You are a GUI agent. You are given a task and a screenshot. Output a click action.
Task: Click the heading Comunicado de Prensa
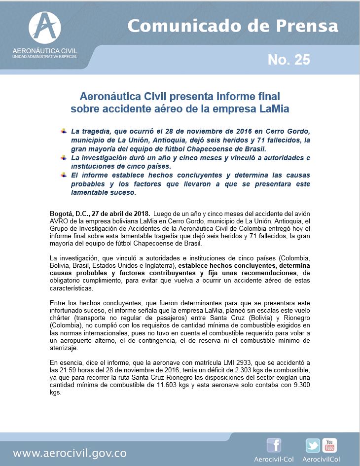coord(233,26)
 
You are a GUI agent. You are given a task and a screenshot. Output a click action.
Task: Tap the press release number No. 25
coord(288,60)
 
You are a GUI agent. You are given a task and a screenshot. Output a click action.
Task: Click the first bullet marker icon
coord(63,131)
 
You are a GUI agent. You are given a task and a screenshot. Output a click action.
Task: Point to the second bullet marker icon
coord(63,157)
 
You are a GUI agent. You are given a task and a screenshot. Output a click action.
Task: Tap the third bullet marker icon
coord(63,175)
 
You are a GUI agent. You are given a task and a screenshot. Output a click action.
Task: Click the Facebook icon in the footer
coord(274,445)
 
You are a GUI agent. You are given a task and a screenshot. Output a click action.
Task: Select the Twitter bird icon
coord(313,446)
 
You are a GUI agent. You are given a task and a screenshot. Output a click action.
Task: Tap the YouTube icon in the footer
coord(329,445)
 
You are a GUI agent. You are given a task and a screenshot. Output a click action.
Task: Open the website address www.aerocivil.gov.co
coord(70,453)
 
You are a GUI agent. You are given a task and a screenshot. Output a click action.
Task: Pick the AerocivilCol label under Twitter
coord(322,459)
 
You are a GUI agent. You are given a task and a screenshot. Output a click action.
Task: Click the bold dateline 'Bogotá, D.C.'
coord(70,214)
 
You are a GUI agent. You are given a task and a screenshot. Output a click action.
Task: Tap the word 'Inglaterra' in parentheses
coord(158,265)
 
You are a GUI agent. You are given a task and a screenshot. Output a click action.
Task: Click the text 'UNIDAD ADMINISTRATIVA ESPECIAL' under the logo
coord(45,57)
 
